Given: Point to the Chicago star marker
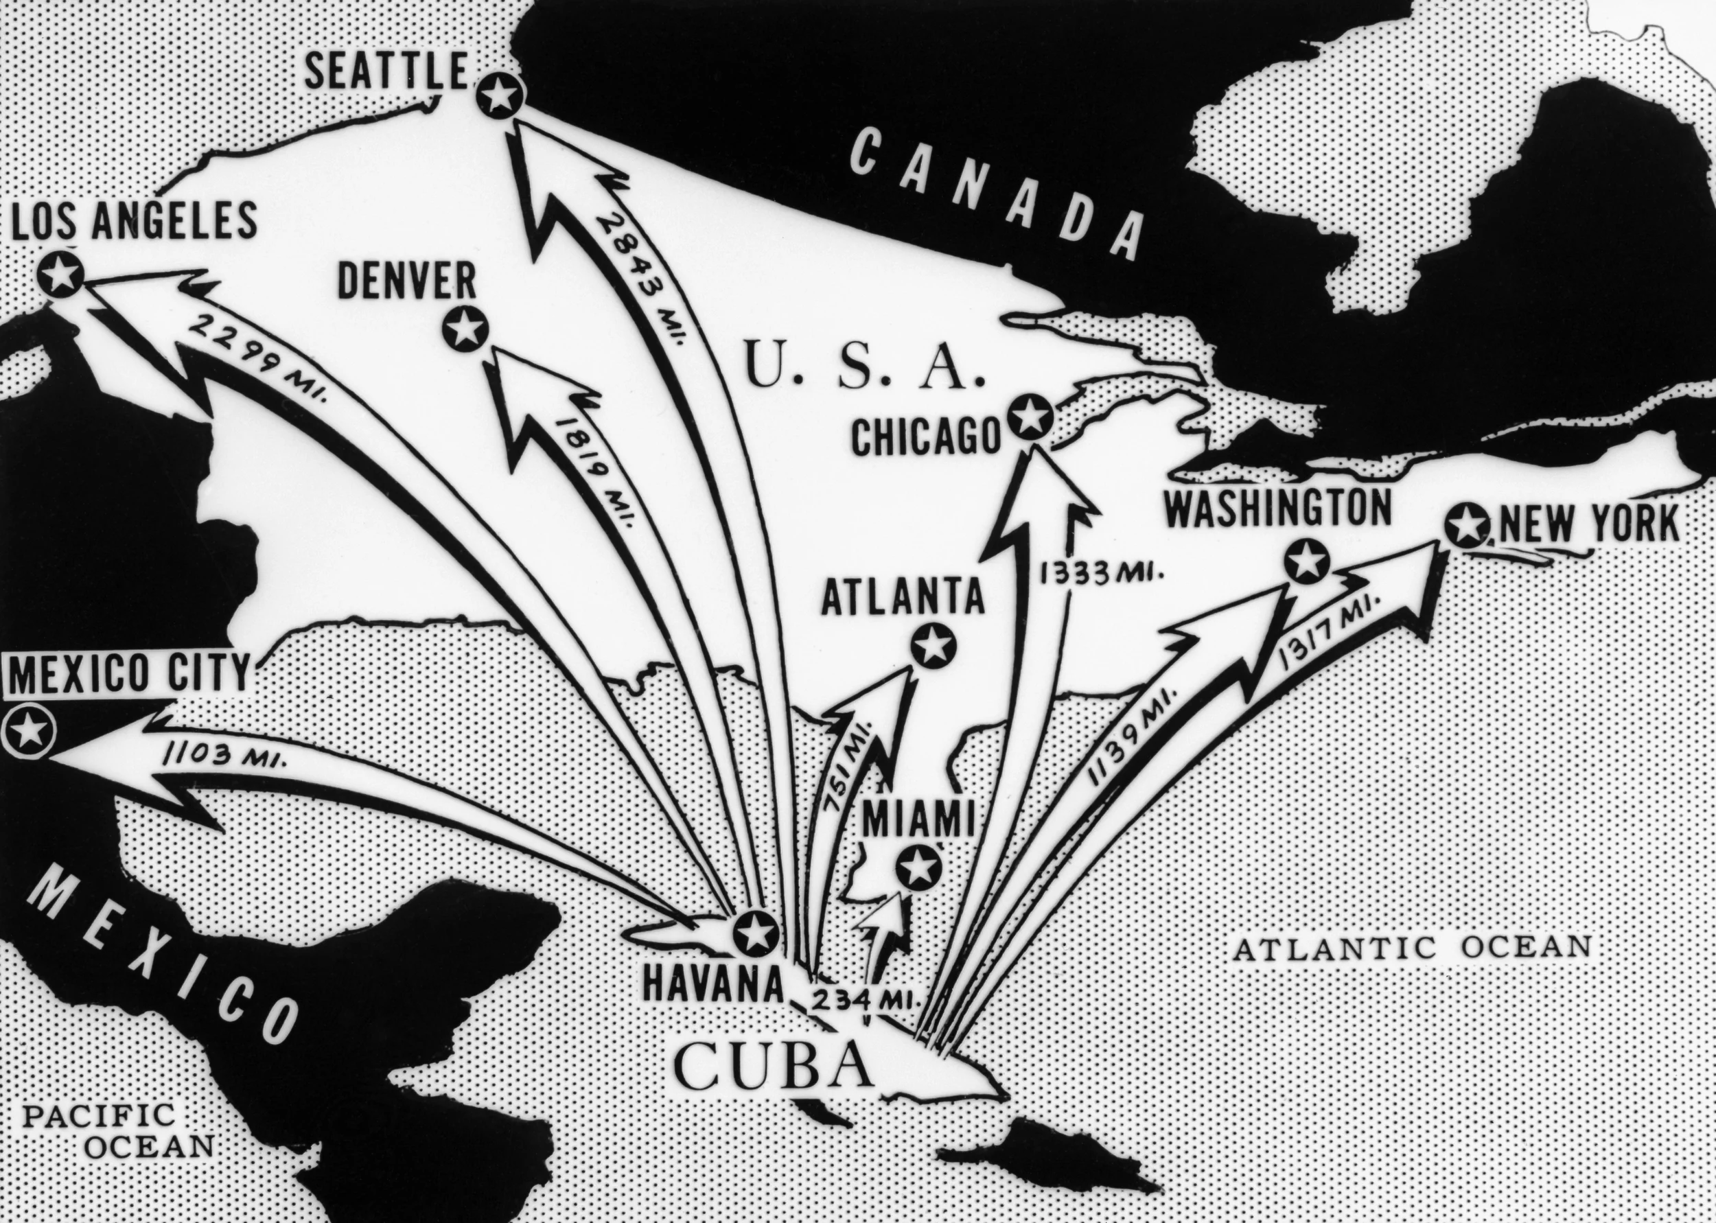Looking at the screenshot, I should pyautogui.click(x=1030, y=417).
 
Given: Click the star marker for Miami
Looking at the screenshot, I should pyautogui.click(x=917, y=869).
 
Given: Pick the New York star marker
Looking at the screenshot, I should pyautogui.click(x=1466, y=525).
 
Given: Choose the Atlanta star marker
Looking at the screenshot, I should pyautogui.click(x=933, y=644).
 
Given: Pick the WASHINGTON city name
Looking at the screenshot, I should pyautogui.click(x=1278, y=510).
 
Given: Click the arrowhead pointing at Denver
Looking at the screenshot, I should pyautogui.click(x=527, y=407).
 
